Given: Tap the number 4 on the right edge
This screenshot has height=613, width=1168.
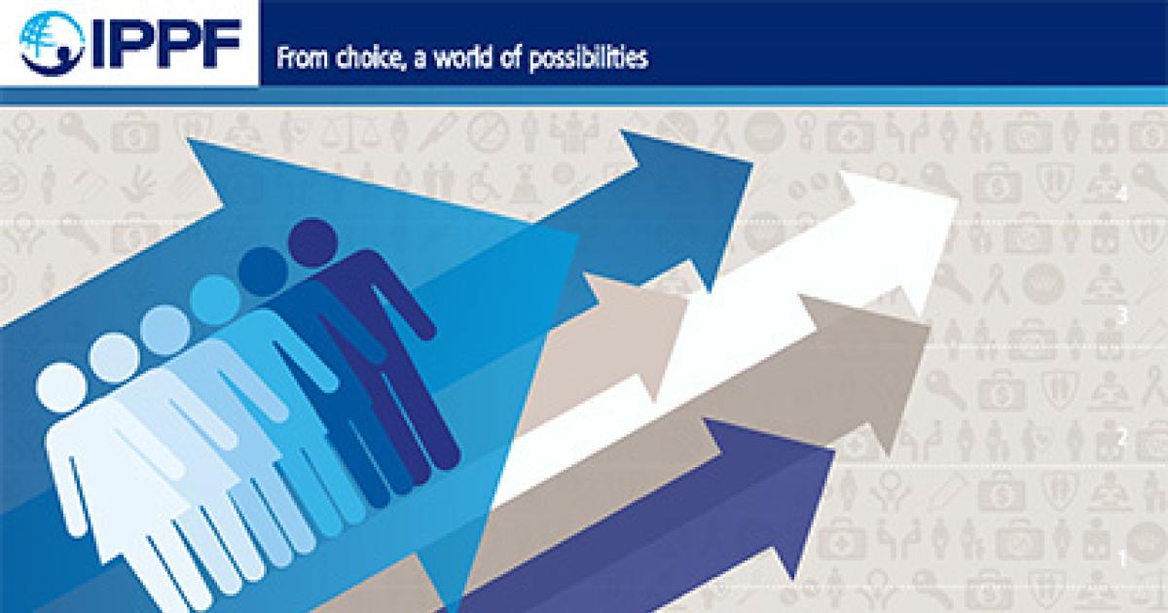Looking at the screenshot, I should [1122, 196].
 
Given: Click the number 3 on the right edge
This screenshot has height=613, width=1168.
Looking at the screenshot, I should [1122, 316].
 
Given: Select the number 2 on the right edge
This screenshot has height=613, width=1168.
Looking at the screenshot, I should [1122, 438].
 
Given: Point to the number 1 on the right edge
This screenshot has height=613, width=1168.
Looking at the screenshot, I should [1122, 559].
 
